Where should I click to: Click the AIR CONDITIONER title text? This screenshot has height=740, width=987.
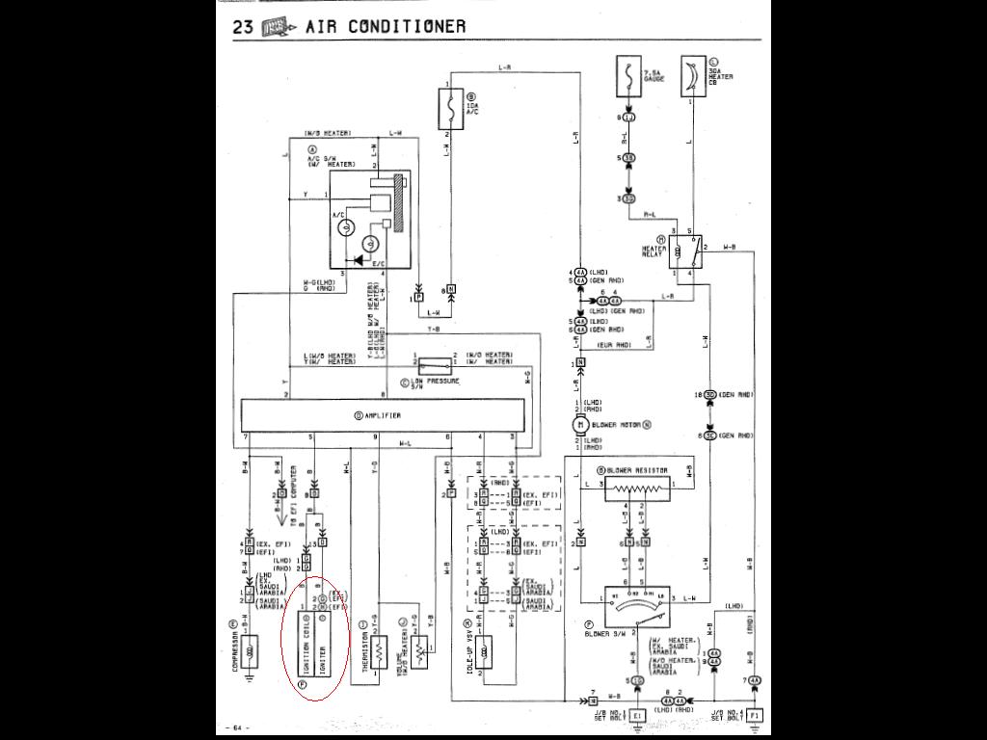[x=386, y=26]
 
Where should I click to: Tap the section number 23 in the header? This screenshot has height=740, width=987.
[x=243, y=26]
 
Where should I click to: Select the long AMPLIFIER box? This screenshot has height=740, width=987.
[x=384, y=416]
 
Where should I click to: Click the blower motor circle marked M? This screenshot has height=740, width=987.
[x=580, y=424]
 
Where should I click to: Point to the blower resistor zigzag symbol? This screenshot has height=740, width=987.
[x=637, y=489]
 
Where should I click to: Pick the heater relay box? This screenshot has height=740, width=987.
[x=684, y=252]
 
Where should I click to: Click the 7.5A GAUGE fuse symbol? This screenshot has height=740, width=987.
[x=628, y=77]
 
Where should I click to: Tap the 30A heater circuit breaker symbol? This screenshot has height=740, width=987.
[x=692, y=77]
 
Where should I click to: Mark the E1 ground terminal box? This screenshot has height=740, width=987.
[x=637, y=716]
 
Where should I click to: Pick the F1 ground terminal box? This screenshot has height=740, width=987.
[x=755, y=716]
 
